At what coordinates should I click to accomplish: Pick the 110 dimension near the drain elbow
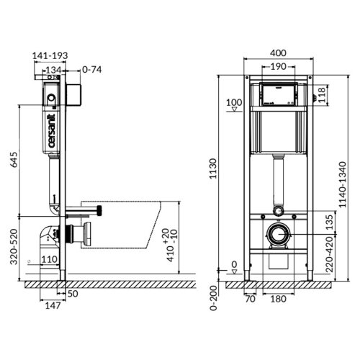coord(49,260)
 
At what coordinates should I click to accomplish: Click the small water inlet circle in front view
coord(278,212)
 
